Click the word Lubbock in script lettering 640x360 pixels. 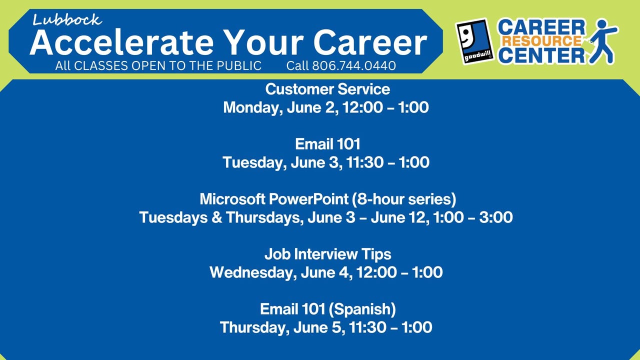click(67, 20)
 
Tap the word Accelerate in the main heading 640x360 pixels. click(121, 42)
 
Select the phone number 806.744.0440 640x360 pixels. click(353, 65)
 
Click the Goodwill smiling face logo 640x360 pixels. click(475, 41)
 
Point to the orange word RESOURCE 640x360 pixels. click(541, 41)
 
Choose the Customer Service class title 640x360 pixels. click(327, 89)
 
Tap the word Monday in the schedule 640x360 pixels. click(253, 107)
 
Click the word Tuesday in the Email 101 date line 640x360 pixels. click(254, 162)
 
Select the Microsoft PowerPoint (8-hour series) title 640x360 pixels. click(327, 199)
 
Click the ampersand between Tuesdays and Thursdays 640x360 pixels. click(217, 217)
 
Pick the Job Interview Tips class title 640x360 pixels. click(327, 254)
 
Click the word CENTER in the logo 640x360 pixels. click(541, 55)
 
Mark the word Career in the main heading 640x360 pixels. click(370, 42)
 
